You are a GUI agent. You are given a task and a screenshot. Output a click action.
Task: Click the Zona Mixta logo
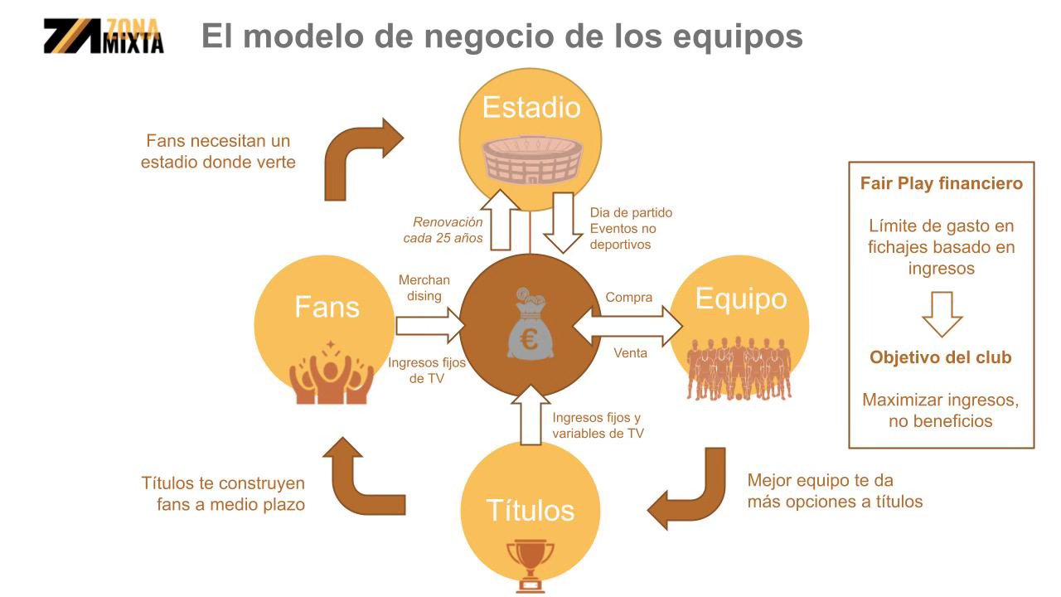tap(104, 36)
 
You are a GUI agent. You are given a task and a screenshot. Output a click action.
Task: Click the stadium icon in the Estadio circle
tap(532, 158)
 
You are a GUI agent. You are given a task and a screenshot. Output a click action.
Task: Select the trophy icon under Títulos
tap(530, 564)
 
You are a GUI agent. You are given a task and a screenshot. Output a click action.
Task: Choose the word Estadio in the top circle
tap(531, 107)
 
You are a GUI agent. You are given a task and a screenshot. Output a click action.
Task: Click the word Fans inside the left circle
tap(327, 307)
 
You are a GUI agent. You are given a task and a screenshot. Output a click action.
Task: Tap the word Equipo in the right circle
tap(740, 298)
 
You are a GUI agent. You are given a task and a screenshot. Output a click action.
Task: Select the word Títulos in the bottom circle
tap(530, 509)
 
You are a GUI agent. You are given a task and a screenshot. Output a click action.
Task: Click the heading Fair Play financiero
tap(941, 183)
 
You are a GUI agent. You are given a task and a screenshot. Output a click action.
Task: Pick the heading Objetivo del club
tap(941, 358)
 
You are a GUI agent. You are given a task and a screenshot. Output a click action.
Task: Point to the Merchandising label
tap(424, 288)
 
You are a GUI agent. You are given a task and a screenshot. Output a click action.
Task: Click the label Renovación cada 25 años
tap(448, 230)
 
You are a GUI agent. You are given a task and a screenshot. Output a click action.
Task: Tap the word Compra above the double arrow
tap(628, 297)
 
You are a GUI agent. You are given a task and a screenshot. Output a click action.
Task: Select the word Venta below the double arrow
tap(630, 353)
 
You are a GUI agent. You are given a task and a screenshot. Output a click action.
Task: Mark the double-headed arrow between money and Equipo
tap(627, 325)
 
